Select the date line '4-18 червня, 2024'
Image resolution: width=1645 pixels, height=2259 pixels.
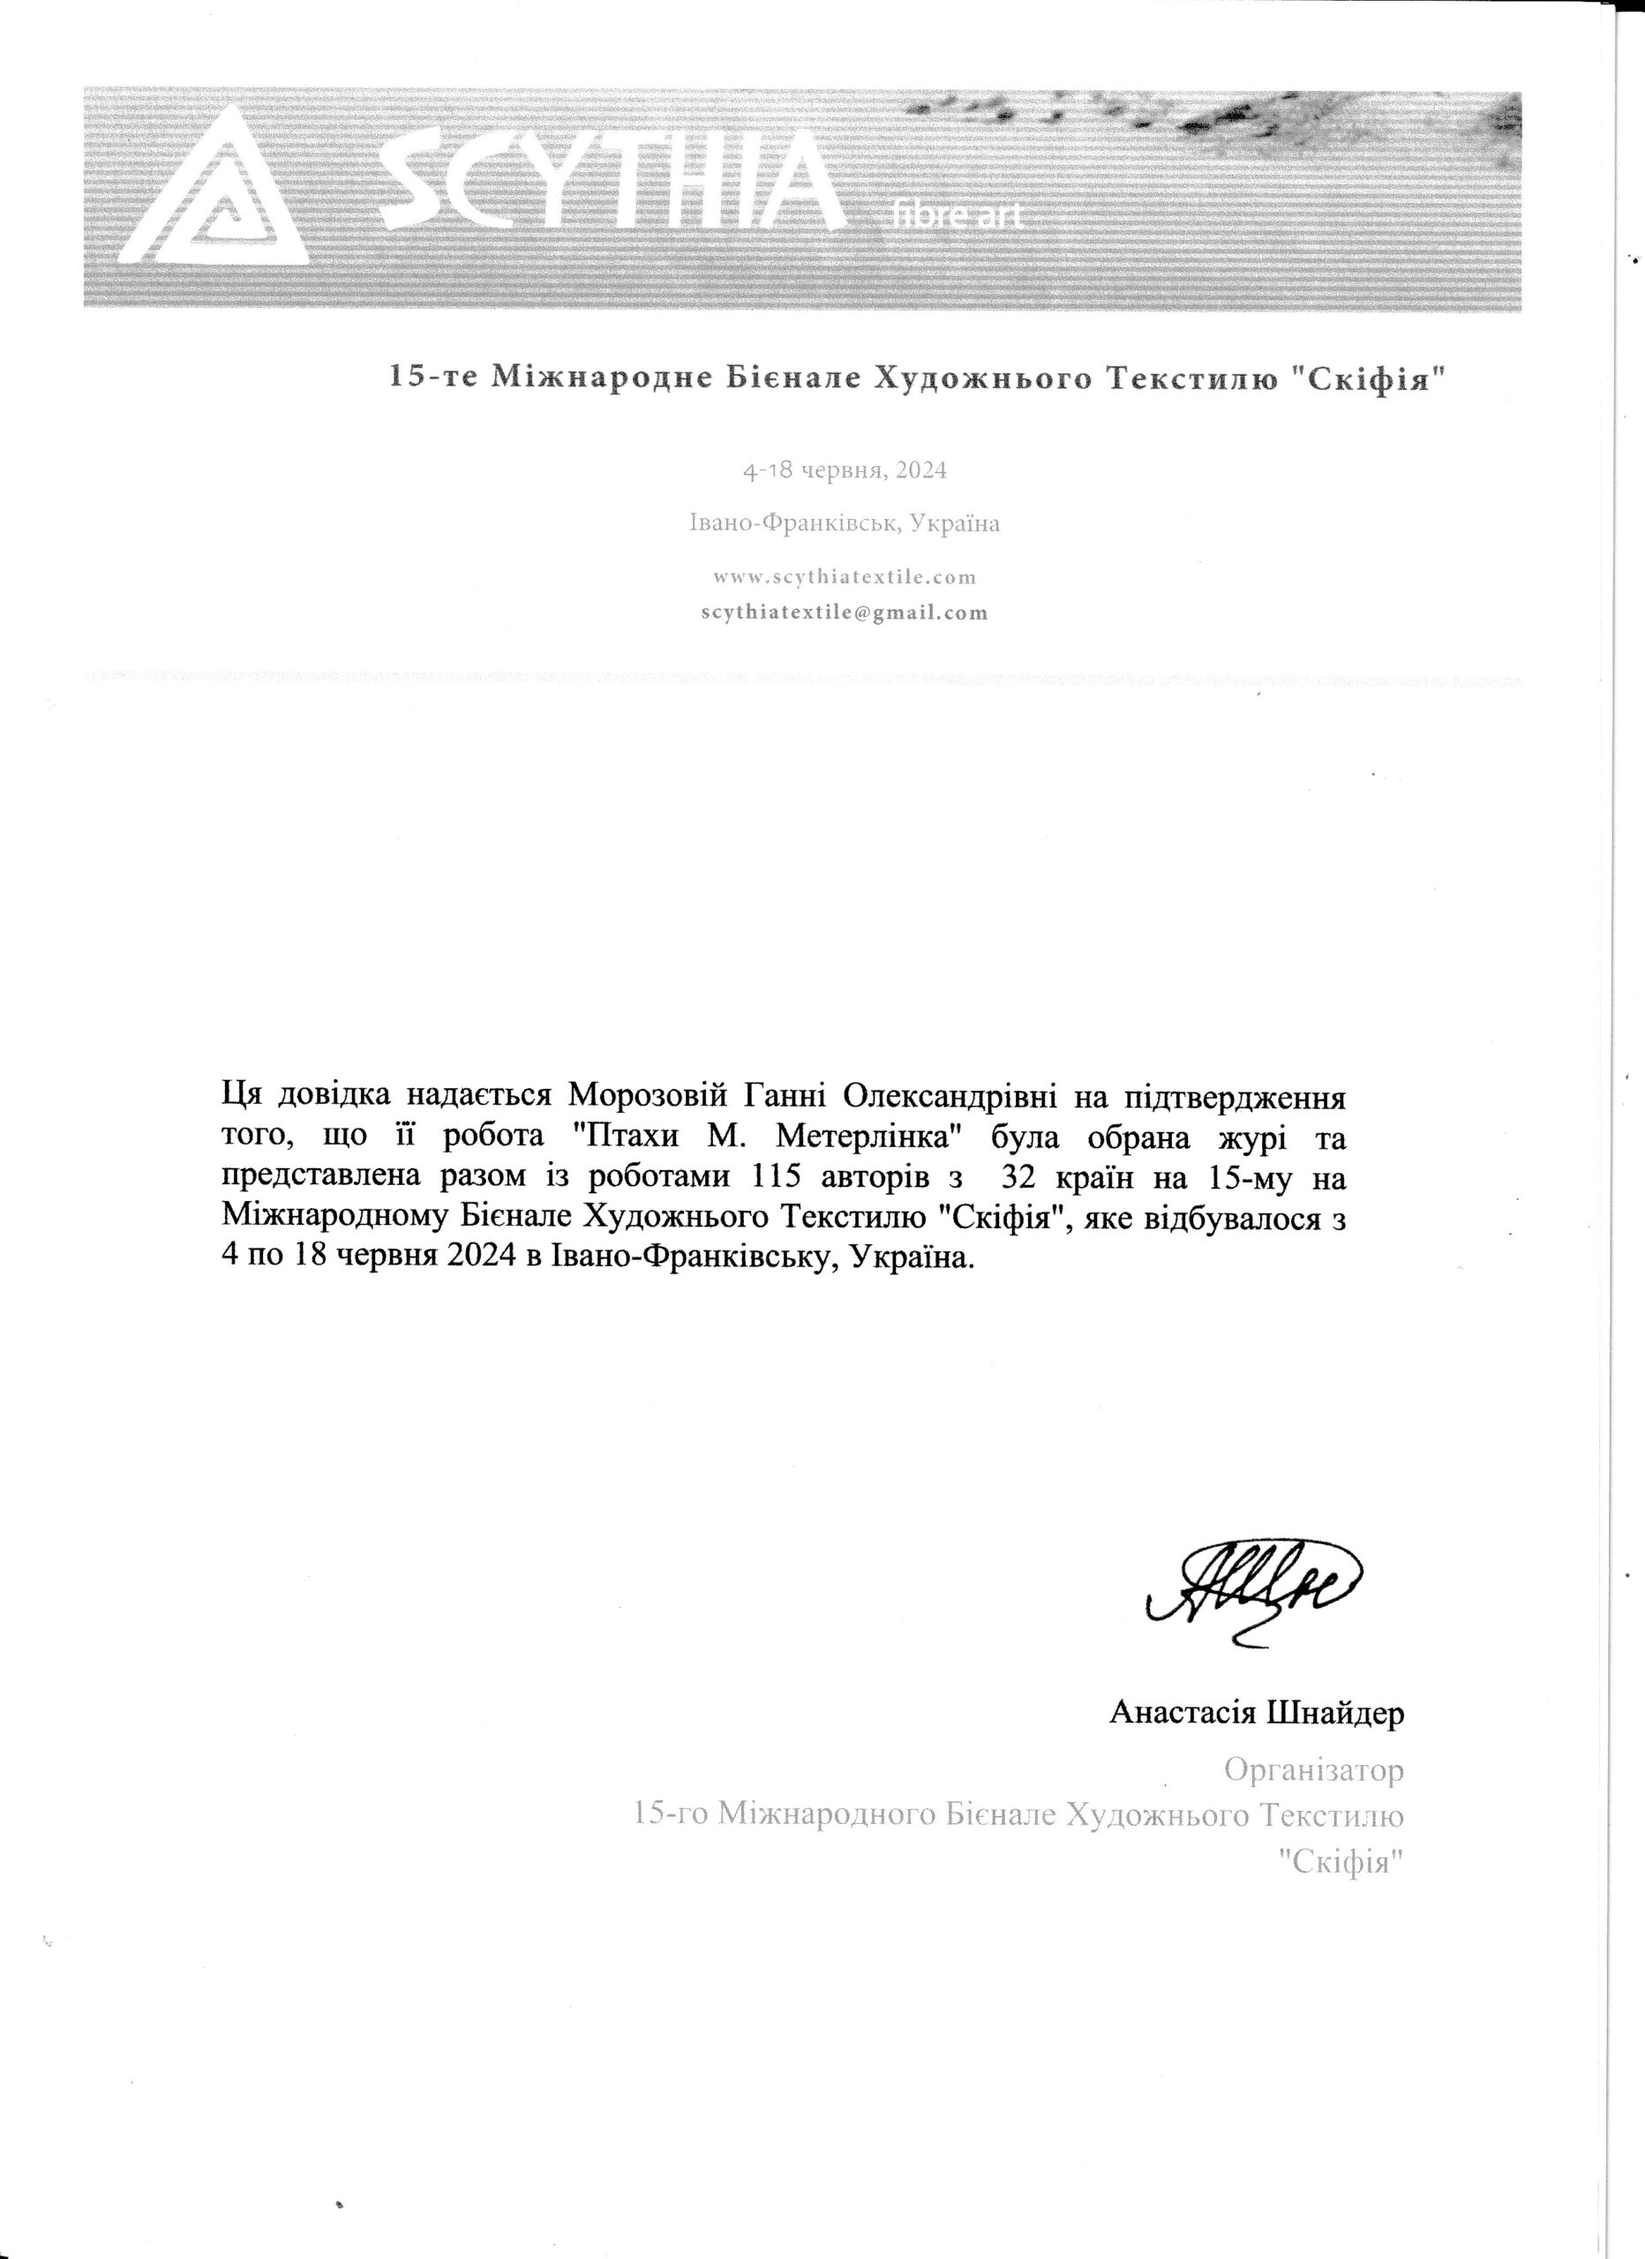845,470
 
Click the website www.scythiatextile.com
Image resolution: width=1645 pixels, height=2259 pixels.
845,577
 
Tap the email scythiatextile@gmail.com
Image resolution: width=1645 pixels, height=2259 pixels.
845,612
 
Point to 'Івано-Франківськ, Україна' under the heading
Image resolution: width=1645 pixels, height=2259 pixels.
845,523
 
